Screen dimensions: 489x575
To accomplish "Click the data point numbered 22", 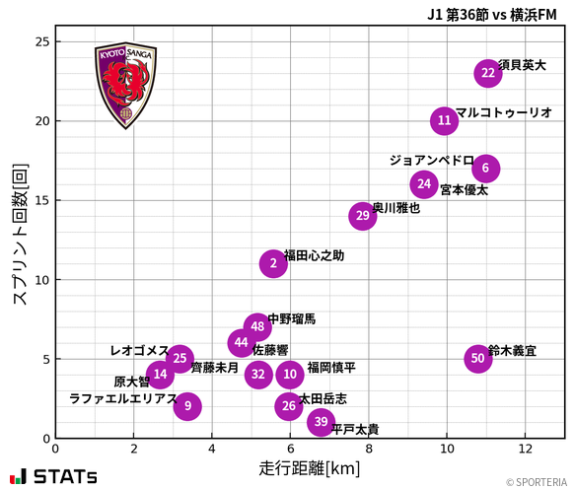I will click(x=488, y=73).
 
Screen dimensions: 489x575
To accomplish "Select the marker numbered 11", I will click(x=445, y=121).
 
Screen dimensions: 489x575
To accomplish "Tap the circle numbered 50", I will click(x=478, y=358).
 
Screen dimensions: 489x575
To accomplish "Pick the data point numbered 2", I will click(x=273, y=263).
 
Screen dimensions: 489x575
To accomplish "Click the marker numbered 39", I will click(x=321, y=422).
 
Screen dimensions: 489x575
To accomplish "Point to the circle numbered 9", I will click(x=187, y=406).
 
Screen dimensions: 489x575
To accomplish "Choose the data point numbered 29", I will click(x=363, y=216).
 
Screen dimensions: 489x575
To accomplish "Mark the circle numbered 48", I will click(x=257, y=326).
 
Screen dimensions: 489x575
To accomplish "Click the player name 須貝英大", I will click(x=522, y=65).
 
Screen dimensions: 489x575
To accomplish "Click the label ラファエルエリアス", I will click(x=123, y=399).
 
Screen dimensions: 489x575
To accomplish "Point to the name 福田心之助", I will click(x=314, y=255).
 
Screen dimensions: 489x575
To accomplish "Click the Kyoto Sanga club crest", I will click(x=125, y=86).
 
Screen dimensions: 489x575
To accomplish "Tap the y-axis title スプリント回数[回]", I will click(x=19, y=234).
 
